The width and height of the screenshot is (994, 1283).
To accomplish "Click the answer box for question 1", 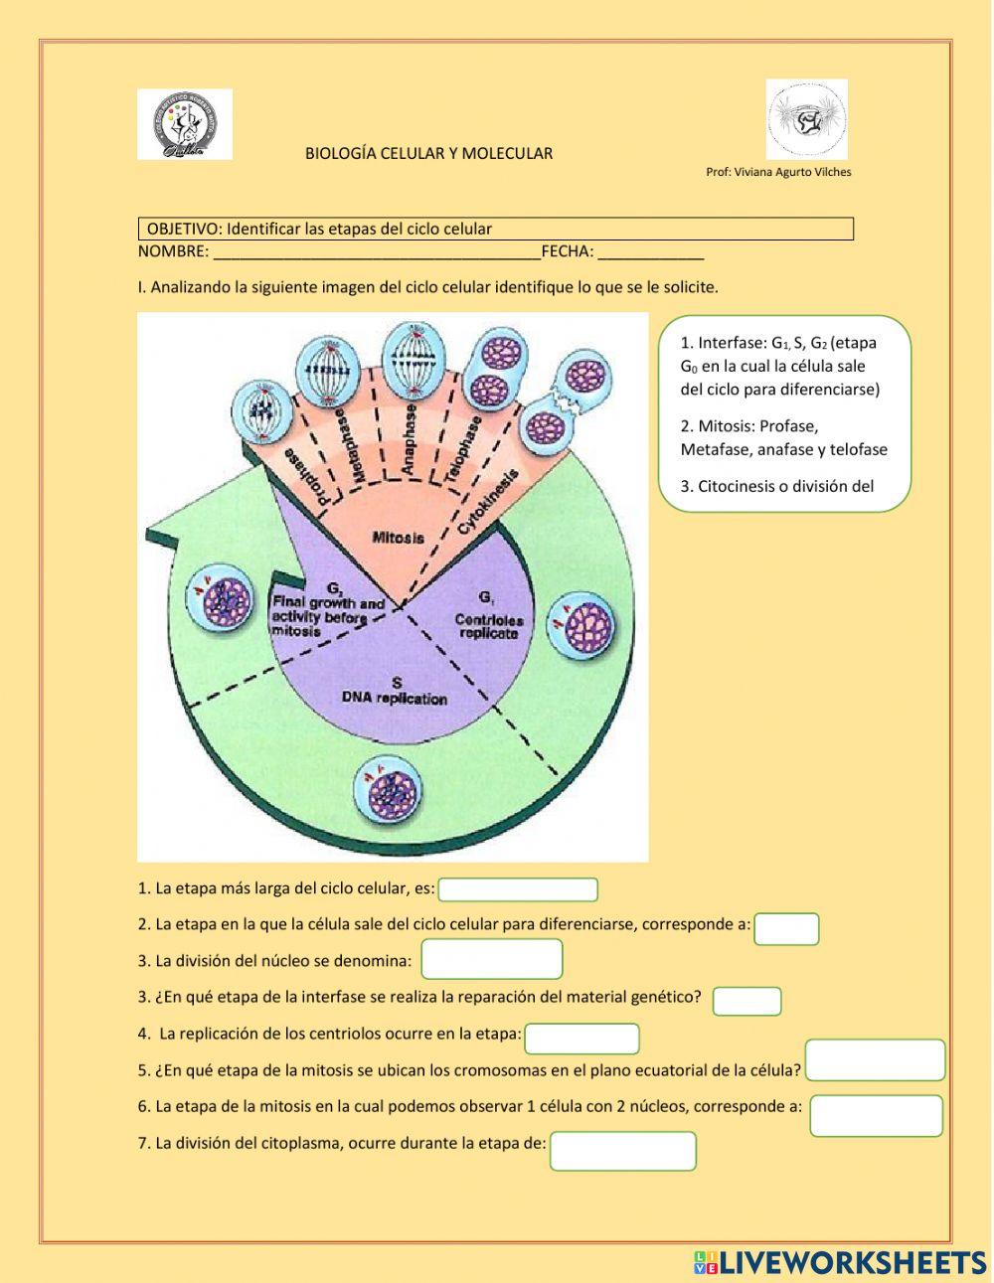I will [518, 889].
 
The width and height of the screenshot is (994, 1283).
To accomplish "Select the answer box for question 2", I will [786, 929].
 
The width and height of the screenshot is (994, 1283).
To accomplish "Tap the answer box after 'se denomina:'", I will [492, 960].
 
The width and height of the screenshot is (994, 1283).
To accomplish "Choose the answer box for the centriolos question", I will [581, 1039].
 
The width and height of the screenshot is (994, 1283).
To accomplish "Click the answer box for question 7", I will [623, 1152].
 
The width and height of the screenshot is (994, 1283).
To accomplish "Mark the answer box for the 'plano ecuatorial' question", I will [875, 1060].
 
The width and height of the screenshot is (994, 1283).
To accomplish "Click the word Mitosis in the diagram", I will [398, 538].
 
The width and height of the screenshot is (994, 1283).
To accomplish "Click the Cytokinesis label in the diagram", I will [488, 502].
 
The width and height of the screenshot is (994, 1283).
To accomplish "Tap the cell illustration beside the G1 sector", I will [582, 625].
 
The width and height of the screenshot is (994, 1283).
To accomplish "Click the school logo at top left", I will [185, 124].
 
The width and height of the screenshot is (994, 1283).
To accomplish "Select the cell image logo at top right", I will [806, 119].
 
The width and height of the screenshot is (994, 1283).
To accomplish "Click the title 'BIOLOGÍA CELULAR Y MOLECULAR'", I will [428, 154].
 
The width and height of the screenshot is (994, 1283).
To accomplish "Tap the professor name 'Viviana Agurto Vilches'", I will [792, 172].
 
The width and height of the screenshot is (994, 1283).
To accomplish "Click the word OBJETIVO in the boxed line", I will [184, 230].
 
